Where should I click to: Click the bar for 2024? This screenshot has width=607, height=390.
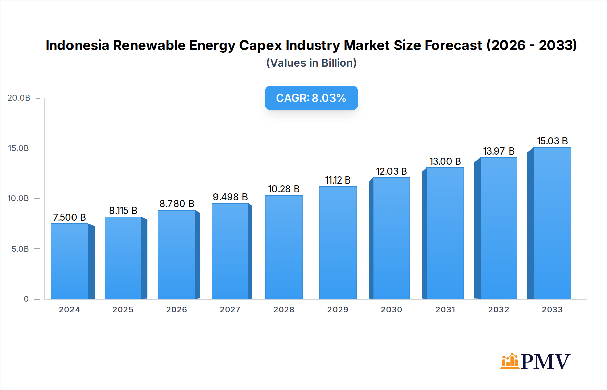69,261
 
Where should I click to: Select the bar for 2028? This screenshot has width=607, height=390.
284,247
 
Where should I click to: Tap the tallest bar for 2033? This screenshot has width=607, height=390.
552,223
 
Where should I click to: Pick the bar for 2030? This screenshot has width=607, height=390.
391,238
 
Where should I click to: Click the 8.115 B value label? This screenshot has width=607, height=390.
123,211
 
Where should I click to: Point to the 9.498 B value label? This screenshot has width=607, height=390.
230,197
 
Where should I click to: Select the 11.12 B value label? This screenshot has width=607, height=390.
338,180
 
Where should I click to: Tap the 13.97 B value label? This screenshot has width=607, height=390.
498,151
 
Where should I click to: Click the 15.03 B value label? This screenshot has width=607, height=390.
552,141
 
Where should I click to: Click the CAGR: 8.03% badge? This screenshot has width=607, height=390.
311,98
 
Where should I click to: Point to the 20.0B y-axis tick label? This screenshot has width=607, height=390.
19,98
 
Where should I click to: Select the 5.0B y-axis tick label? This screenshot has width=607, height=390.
20,249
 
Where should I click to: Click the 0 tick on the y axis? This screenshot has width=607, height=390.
26,299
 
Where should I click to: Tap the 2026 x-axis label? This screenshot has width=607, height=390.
176,310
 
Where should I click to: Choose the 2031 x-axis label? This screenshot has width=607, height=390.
445,310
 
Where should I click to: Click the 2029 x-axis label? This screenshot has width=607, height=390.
338,310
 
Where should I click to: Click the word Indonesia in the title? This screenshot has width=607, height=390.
78,45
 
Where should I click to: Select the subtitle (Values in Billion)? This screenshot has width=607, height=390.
311,63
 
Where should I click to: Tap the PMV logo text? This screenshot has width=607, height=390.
545,362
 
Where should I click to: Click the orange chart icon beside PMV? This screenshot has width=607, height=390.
509,361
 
